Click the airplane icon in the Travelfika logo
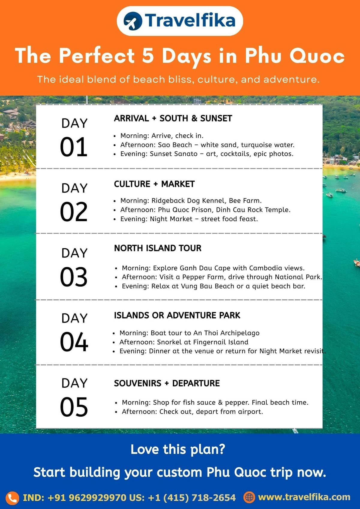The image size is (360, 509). coord(133,21)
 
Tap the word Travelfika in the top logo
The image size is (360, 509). coord(190,20)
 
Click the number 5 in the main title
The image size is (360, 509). coord(148,55)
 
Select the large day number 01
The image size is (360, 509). coord(74,147)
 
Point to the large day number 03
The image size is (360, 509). coord(74,277)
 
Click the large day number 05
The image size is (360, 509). coord(74,407)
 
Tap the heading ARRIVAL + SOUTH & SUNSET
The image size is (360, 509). coord(173,118)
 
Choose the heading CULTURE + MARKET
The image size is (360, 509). coord(154,184)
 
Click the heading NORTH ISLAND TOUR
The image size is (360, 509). coord(157,248)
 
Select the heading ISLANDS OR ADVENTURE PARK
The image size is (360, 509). coord(177,315)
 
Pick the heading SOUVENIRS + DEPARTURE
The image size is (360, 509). coord(167,383)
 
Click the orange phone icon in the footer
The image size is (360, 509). coord(12,498)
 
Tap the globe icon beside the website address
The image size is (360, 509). coord(249,497)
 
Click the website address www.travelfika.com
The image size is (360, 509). coord(304,497)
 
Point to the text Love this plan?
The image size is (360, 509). coord(178,449)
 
